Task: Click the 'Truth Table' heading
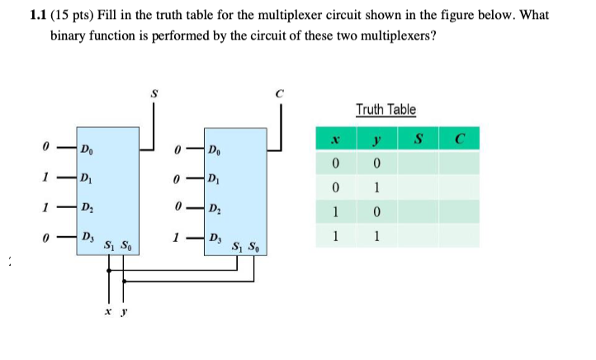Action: coord(386,109)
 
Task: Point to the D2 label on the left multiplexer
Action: coord(86,208)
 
